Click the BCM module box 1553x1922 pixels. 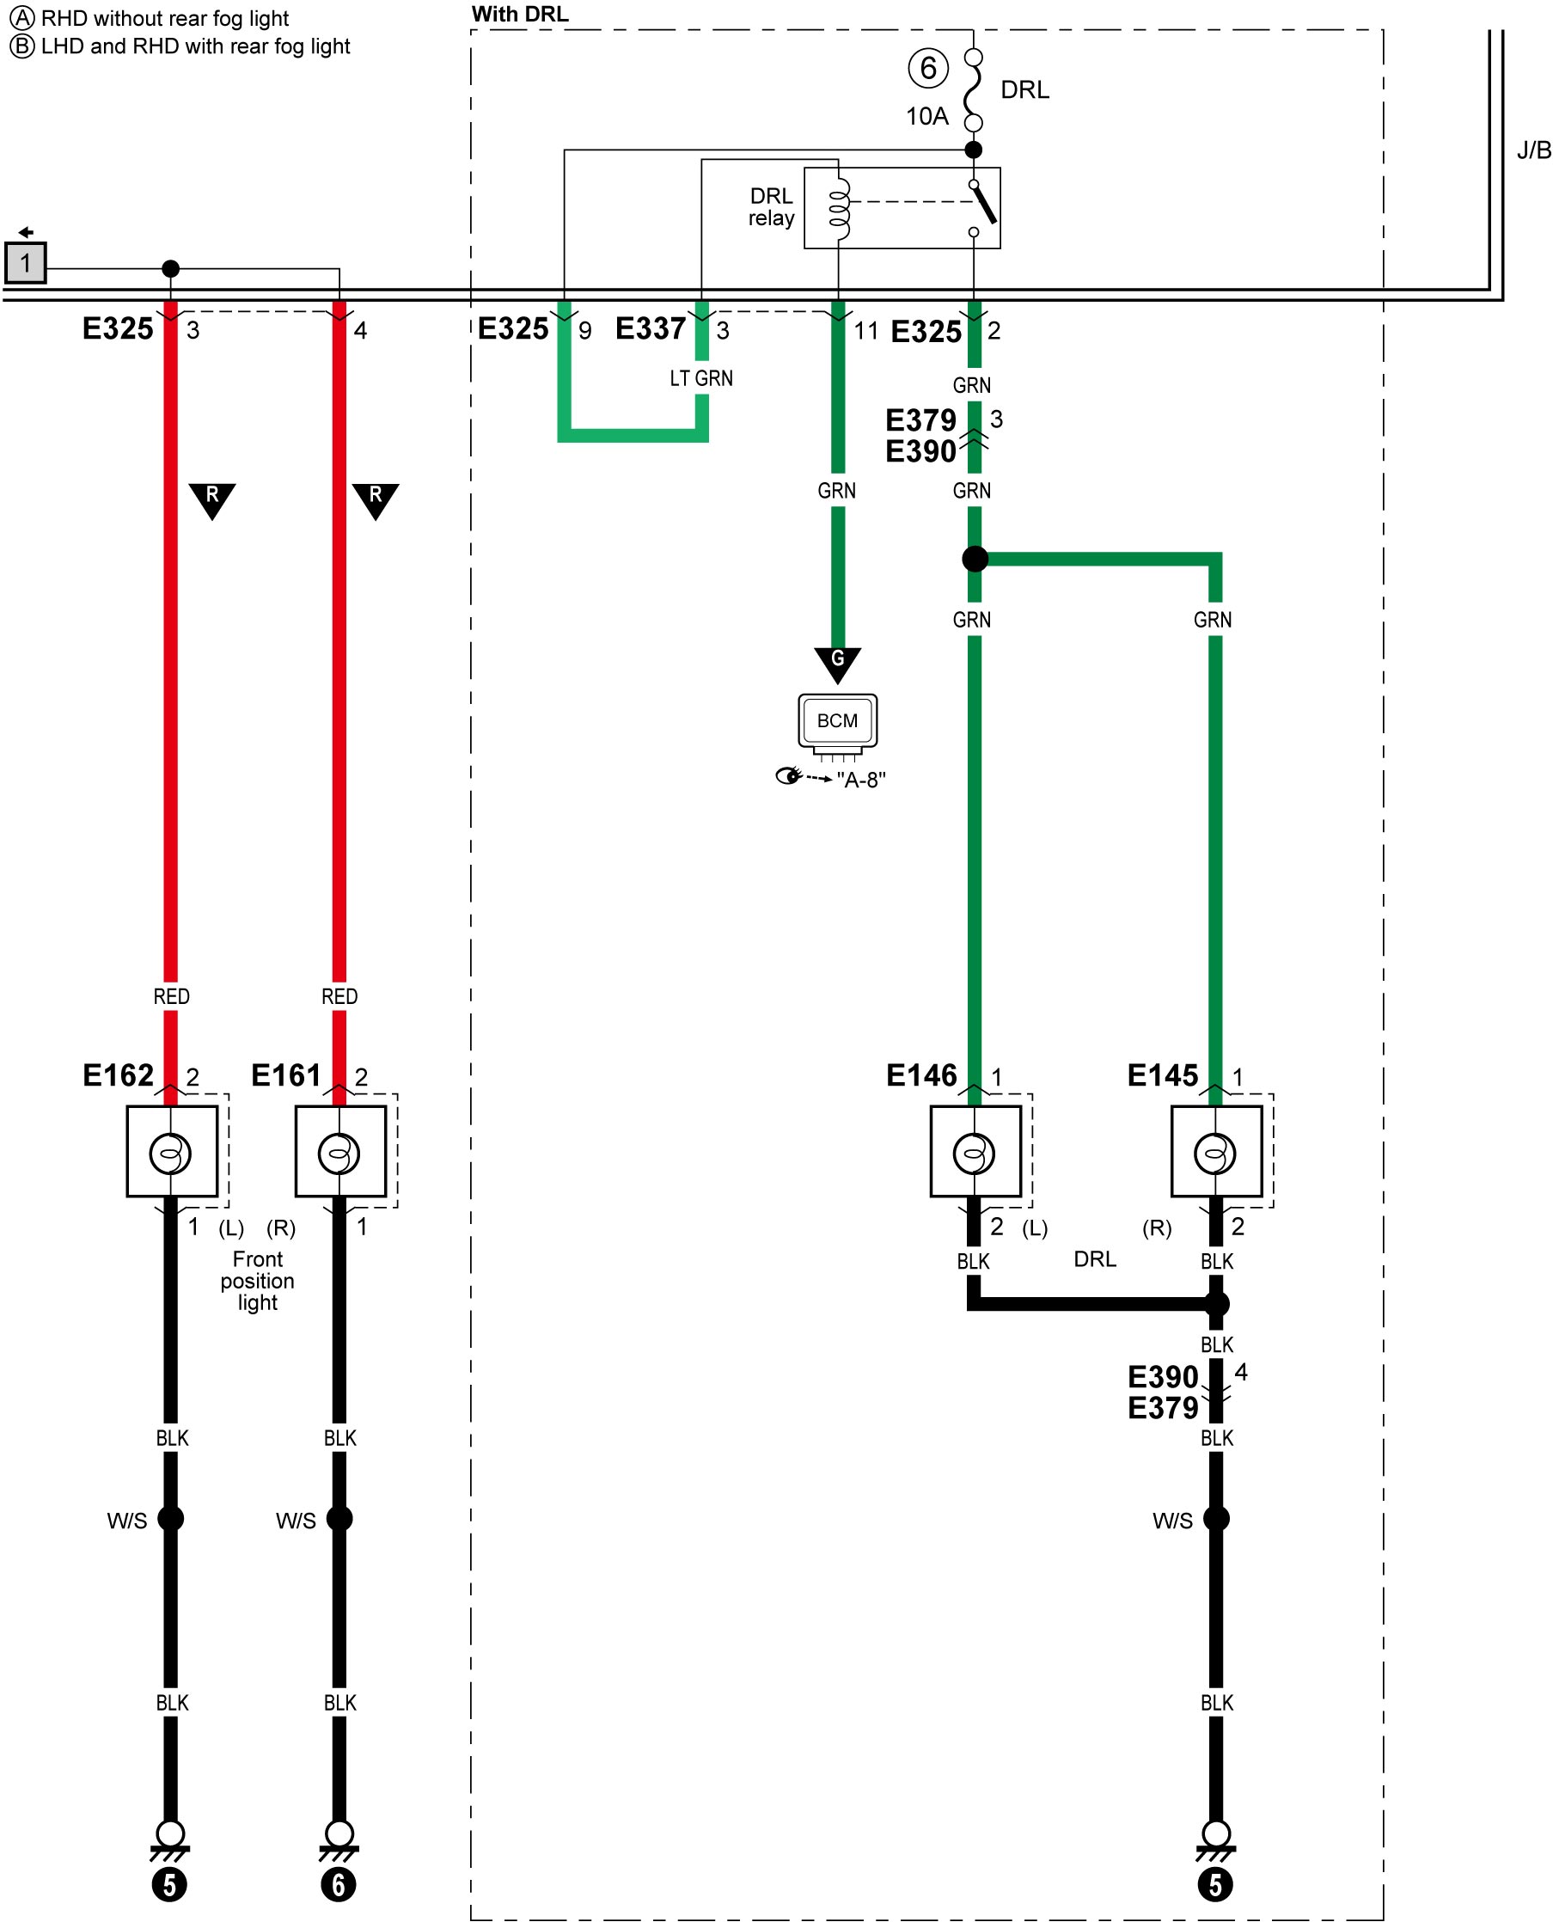[837, 720]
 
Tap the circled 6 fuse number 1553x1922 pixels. [927, 68]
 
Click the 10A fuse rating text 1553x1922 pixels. [926, 116]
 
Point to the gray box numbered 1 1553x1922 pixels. [25, 263]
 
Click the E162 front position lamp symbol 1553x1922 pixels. [171, 1153]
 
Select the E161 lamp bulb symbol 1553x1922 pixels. [340, 1153]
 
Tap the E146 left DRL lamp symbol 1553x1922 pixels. [975, 1153]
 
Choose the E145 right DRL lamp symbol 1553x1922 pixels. [1216, 1153]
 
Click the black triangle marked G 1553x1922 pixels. [837, 663]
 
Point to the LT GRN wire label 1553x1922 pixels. [701, 378]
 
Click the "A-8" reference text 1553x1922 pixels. [860, 780]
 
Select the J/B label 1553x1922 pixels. [1533, 150]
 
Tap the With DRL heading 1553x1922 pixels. [520, 15]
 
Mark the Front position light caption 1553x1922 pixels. [258, 1281]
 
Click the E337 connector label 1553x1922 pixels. [651, 328]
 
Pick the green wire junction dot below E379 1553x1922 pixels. [975, 560]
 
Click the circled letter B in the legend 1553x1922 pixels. [21, 46]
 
